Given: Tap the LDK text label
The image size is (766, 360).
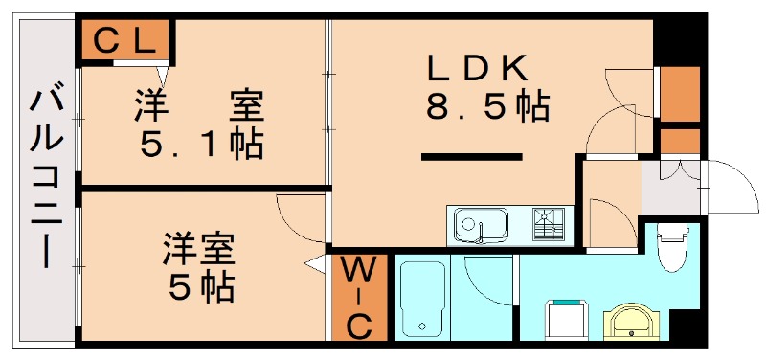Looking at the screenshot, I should [x=477, y=67].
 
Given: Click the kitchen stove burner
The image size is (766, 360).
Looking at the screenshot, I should [x=549, y=225].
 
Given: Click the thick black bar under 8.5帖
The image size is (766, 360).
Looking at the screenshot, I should [x=472, y=156].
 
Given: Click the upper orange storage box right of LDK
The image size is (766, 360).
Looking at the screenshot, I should [x=681, y=94].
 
